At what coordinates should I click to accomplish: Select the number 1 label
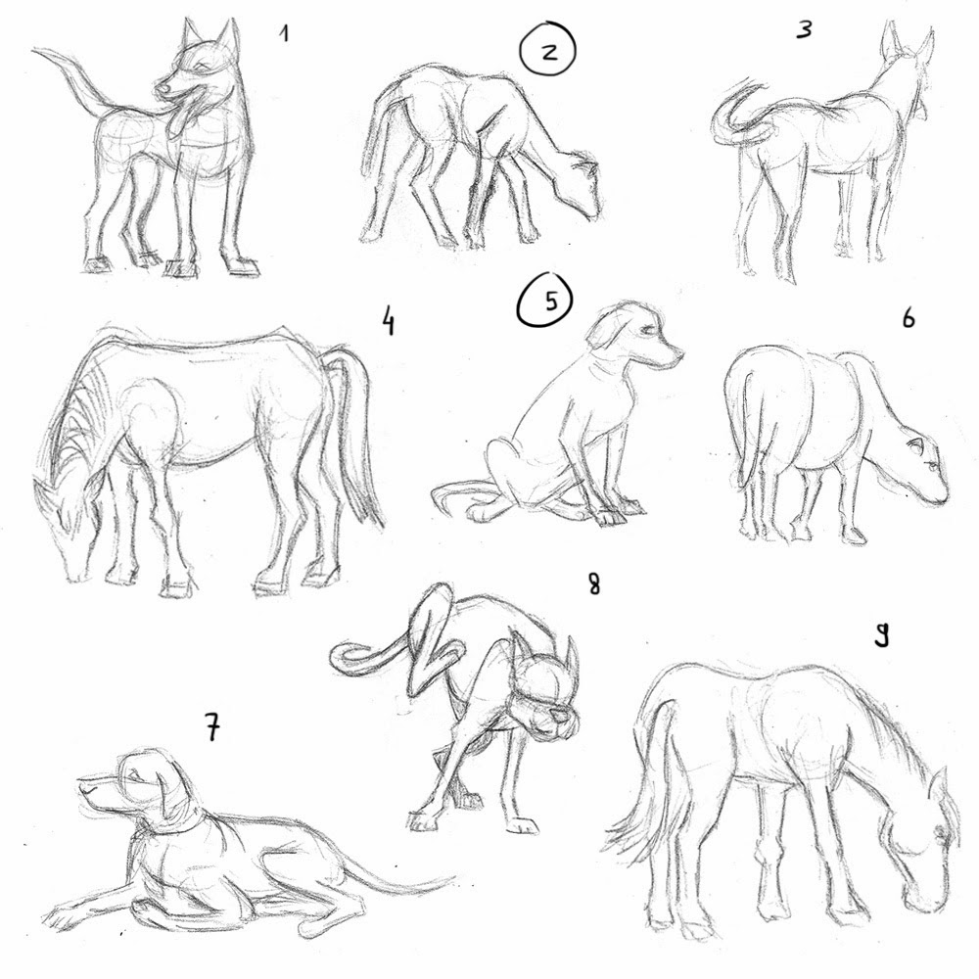(x=284, y=34)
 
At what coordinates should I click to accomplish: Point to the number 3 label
(x=804, y=30)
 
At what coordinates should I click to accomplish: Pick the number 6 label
(x=908, y=320)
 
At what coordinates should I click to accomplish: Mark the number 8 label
(x=593, y=584)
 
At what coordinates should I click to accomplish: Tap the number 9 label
(x=880, y=636)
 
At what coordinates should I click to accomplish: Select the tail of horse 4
(x=357, y=431)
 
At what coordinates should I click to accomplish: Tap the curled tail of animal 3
(x=729, y=117)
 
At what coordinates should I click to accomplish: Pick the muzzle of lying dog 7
(x=90, y=788)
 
